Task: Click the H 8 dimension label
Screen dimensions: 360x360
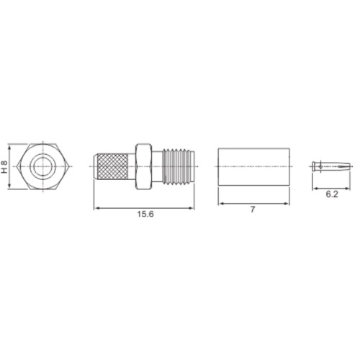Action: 4,166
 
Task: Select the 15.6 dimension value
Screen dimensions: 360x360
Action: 145,214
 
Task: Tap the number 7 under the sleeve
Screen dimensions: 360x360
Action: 253,210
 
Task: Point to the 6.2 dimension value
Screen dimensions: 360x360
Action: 332,194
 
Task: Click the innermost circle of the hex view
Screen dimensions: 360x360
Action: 42,166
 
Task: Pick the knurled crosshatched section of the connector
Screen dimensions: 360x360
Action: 112,167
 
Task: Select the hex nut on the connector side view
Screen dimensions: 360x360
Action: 143,167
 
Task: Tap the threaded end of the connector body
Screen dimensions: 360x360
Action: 178,167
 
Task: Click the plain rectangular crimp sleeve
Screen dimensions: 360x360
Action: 253,167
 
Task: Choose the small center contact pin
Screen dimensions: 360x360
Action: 331,166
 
